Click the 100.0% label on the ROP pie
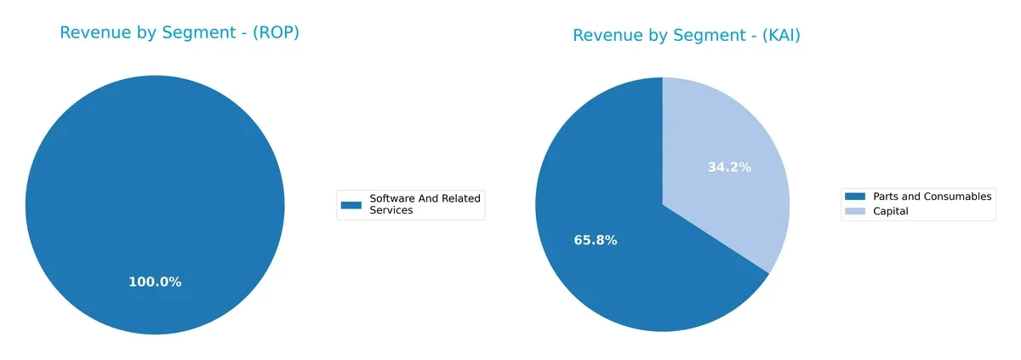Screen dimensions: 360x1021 click(x=155, y=282)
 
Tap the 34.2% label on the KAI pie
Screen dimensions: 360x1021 click(x=729, y=168)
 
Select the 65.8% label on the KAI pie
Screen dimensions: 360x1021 click(x=596, y=241)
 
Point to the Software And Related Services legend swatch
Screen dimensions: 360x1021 click(x=351, y=204)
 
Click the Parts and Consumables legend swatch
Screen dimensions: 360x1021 click(x=855, y=197)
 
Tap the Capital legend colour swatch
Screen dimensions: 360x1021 click(x=855, y=211)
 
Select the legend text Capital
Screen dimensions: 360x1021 click(x=891, y=211)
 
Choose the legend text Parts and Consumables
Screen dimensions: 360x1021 click(x=932, y=197)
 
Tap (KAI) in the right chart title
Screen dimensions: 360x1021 click(x=774, y=36)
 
